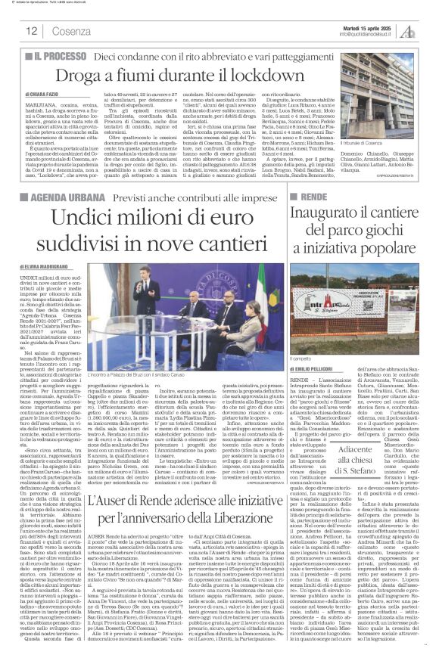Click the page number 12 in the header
(32, 31)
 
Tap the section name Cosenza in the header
(71, 31)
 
